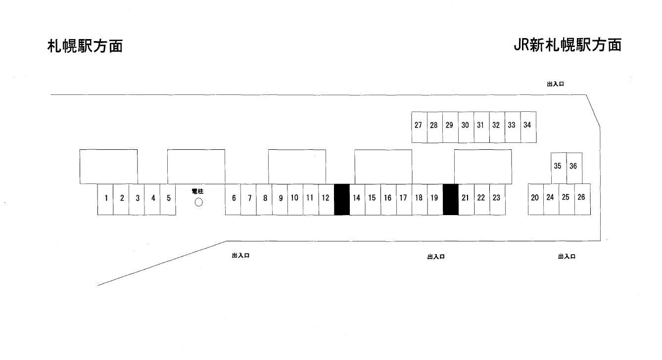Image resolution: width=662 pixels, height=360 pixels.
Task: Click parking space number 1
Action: [106, 199]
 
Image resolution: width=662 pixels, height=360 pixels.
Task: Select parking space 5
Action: [168, 199]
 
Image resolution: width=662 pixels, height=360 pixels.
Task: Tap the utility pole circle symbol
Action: [199, 202]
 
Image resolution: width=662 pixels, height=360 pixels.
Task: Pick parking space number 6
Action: [234, 199]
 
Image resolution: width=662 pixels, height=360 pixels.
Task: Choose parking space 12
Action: [326, 199]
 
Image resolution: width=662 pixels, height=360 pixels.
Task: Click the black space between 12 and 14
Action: [342, 199]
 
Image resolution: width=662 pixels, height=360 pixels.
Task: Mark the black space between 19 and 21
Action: [450, 199]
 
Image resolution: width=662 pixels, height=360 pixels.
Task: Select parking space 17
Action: [403, 199]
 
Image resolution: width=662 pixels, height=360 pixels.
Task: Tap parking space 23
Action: [497, 199]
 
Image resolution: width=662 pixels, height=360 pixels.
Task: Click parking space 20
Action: [535, 198]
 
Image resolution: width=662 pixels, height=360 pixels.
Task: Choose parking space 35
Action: [558, 167]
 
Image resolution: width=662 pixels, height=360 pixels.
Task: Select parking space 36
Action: [573, 167]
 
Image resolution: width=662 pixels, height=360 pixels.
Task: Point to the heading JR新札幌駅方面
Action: [567, 45]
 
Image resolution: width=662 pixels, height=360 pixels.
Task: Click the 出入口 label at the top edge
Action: [555, 85]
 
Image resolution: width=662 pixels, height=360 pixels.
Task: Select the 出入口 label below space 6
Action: [240, 256]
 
